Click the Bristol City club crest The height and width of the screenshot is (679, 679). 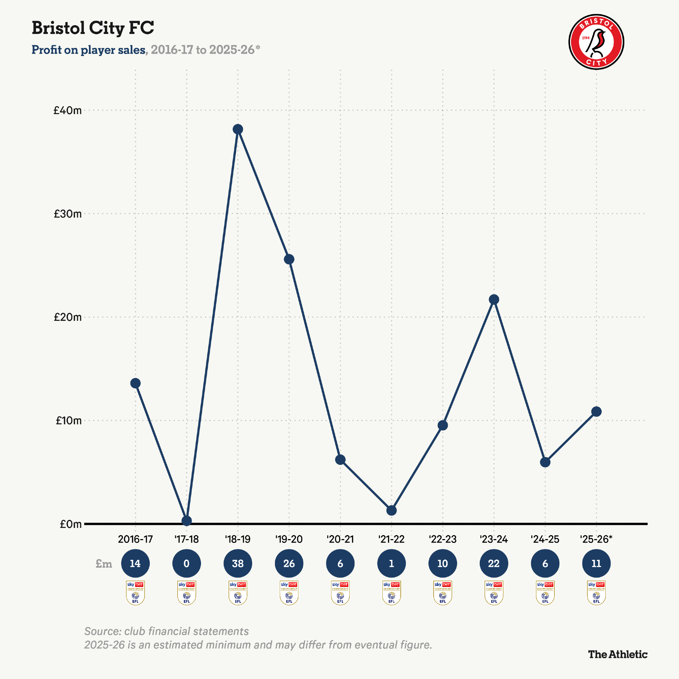click(x=596, y=42)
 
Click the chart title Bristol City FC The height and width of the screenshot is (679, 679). click(x=93, y=28)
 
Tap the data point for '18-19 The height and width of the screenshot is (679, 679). click(x=238, y=129)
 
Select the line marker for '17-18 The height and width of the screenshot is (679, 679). click(x=187, y=521)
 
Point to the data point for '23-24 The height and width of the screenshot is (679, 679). click(x=494, y=299)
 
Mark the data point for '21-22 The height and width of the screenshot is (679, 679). click(x=391, y=511)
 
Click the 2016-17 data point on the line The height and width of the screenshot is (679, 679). click(x=135, y=383)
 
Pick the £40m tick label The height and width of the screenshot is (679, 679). click(x=68, y=110)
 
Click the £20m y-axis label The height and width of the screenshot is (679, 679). click(x=68, y=317)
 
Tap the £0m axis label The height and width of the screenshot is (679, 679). click(x=71, y=524)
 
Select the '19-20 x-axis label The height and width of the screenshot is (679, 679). click(x=289, y=539)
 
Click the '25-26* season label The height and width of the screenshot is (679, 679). click(x=596, y=539)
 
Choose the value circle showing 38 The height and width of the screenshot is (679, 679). click(x=238, y=564)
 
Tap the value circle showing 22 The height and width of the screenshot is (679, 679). click(x=494, y=564)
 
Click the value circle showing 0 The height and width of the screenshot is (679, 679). click(x=187, y=564)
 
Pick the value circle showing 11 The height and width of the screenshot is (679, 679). click(x=597, y=564)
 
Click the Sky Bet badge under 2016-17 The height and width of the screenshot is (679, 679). click(x=135, y=593)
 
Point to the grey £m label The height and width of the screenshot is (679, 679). click(x=104, y=564)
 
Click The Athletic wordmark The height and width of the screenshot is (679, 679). click(x=618, y=655)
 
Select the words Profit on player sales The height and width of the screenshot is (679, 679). click(x=89, y=50)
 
